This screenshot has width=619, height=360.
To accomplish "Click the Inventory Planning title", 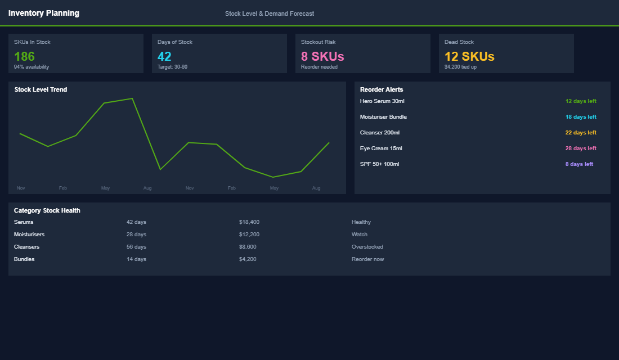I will (x=44, y=13).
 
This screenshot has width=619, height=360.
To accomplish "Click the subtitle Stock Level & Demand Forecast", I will (x=269, y=13).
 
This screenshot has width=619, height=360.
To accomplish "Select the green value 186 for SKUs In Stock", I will (x=24, y=56).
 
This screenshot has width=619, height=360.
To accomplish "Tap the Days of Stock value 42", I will (x=164, y=56).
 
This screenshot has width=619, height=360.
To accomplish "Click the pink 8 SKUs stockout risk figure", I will (x=322, y=56).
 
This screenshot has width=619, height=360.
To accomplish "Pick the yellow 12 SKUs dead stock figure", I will (x=469, y=56).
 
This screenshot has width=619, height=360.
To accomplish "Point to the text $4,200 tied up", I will (x=460, y=67).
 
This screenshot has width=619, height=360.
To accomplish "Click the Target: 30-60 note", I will (x=172, y=67).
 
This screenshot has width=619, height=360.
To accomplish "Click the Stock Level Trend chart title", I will (x=41, y=89).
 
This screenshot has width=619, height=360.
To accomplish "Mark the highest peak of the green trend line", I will (x=132, y=98).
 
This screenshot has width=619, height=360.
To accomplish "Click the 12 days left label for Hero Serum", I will (x=581, y=101).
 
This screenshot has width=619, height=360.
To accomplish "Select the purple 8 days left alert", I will (x=579, y=164).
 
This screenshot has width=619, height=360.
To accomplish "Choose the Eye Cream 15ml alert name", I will (x=381, y=148).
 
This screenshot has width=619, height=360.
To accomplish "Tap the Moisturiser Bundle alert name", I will (x=383, y=117).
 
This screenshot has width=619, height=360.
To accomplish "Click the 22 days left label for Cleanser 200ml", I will (x=581, y=133).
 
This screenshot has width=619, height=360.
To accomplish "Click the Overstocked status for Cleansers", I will (x=367, y=247).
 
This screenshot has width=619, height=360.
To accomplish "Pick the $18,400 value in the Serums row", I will (x=249, y=222).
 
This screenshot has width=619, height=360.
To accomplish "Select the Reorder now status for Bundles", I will (x=367, y=259).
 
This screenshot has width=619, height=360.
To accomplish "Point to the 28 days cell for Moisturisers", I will (x=136, y=235).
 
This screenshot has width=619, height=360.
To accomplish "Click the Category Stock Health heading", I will (x=47, y=210).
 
